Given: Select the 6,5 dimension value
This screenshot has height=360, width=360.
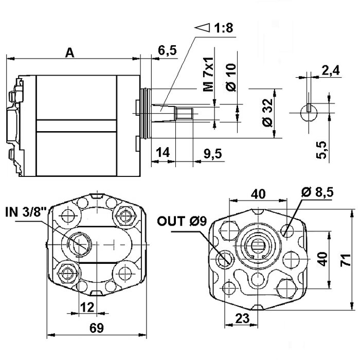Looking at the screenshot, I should (168, 50).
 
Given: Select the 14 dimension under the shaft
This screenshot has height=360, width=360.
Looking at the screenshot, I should (162, 153).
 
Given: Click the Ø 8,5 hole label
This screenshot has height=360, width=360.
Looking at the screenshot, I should (318, 192).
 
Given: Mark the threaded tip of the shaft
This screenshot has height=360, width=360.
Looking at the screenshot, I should (185, 112).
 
